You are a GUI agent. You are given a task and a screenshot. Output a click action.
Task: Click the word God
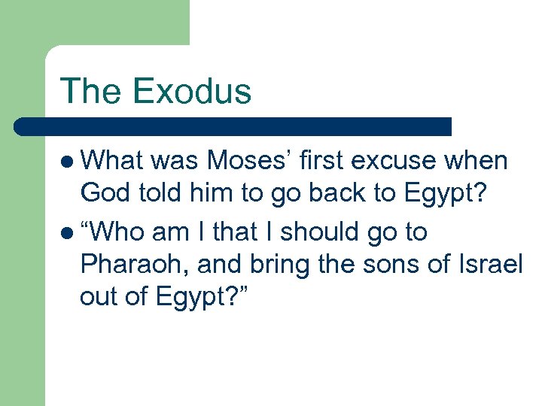103,193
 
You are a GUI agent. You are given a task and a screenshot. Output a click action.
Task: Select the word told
160,193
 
